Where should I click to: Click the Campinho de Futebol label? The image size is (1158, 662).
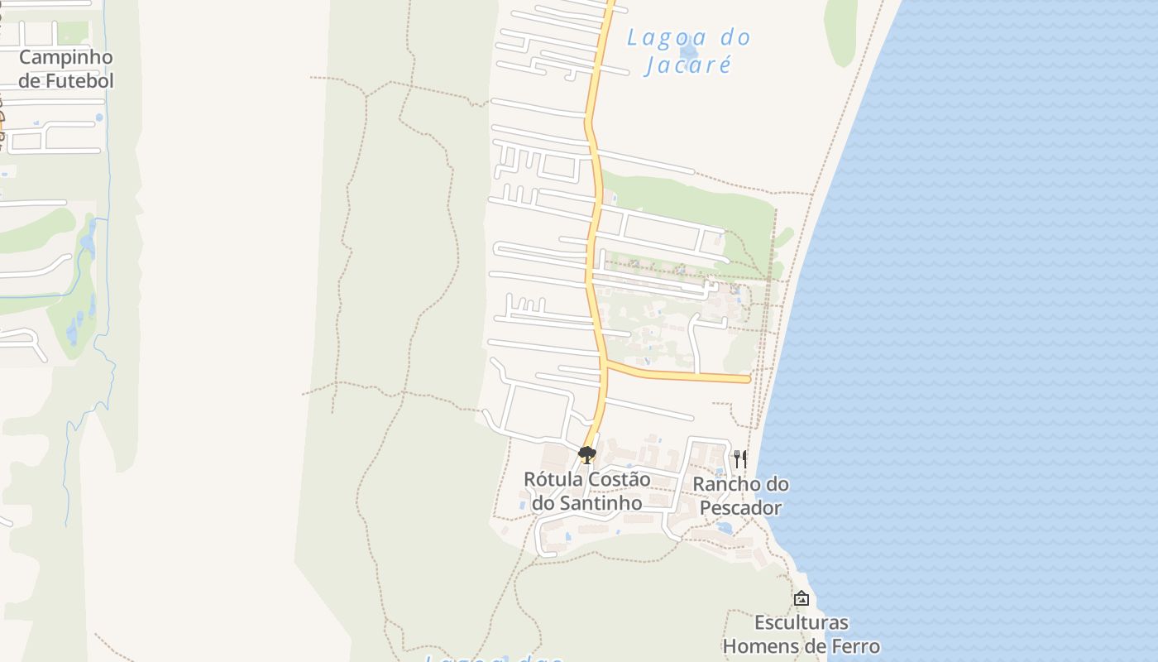(65, 69)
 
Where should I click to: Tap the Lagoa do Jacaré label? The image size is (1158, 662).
(688, 50)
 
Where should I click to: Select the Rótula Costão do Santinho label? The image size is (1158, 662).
(586, 491)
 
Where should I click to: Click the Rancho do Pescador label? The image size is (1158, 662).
(740, 496)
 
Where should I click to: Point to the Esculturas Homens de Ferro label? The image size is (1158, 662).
(801, 634)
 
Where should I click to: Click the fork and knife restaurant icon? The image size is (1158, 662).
(740, 458)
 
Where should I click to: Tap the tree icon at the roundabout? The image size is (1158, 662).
(586, 454)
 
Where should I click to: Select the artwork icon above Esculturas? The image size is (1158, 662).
(801, 598)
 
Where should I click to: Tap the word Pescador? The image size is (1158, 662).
(740, 507)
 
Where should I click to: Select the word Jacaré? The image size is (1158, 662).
(688, 64)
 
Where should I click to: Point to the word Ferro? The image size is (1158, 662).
(854, 645)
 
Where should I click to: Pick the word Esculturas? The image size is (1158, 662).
(801, 622)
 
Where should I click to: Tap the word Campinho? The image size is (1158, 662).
(65, 57)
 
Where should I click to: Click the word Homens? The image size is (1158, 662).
(765, 645)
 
